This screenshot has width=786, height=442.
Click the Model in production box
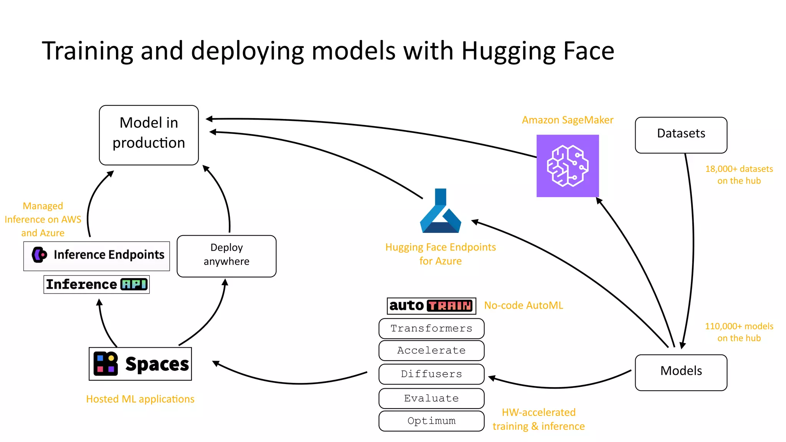pos(149,135)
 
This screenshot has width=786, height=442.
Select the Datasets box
pos(681,135)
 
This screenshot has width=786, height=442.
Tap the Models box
pos(681,372)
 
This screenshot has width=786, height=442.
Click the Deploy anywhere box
pos(226,256)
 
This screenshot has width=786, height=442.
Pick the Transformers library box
pos(431,328)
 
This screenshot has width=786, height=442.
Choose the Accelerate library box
pos(431,350)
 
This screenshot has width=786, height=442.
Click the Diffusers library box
pos(431,374)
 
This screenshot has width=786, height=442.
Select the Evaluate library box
pos(431,398)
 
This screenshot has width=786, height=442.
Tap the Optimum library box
pos(431,421)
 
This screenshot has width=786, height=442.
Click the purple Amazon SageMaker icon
pos(567,166)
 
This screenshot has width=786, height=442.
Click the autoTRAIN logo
pos(431,306)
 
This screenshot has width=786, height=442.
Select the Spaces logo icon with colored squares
pos(106,364)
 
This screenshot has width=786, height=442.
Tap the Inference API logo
pos(96,284)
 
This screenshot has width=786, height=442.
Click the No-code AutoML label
pos(523,305)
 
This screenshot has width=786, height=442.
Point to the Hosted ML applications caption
pos(140,399)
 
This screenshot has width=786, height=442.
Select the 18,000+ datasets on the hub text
pos(739,175)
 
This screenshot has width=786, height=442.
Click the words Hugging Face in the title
pos(537,51)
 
